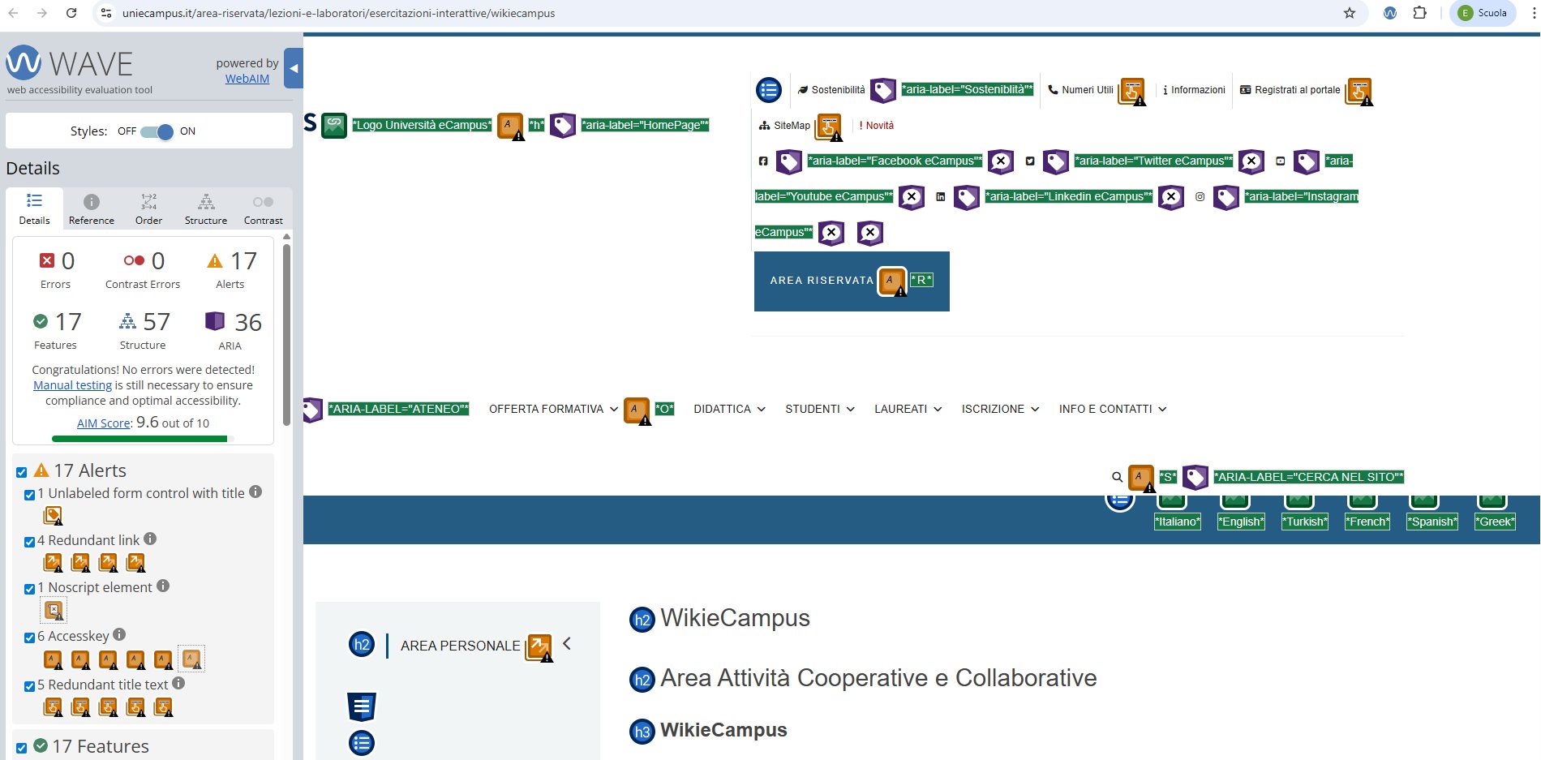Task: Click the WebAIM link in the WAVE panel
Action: coord(247,79)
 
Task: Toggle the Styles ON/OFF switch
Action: coord(157,131)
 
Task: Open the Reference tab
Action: coord(92,208)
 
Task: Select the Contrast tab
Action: coord(264,208)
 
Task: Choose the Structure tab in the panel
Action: coord(206,208)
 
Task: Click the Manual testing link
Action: coord(72,385)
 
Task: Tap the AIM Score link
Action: coord(104,423)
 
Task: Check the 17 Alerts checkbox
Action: coord(22,472)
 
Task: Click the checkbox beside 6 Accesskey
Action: coord(29,638)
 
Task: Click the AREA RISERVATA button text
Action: coord(822,281)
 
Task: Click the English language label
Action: coord(1241,522)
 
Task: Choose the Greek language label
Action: coord(1495,522)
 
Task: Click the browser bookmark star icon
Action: coord(1350,13)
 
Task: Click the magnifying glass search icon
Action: coord(1117,478)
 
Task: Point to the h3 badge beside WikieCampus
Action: coord(642,732)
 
